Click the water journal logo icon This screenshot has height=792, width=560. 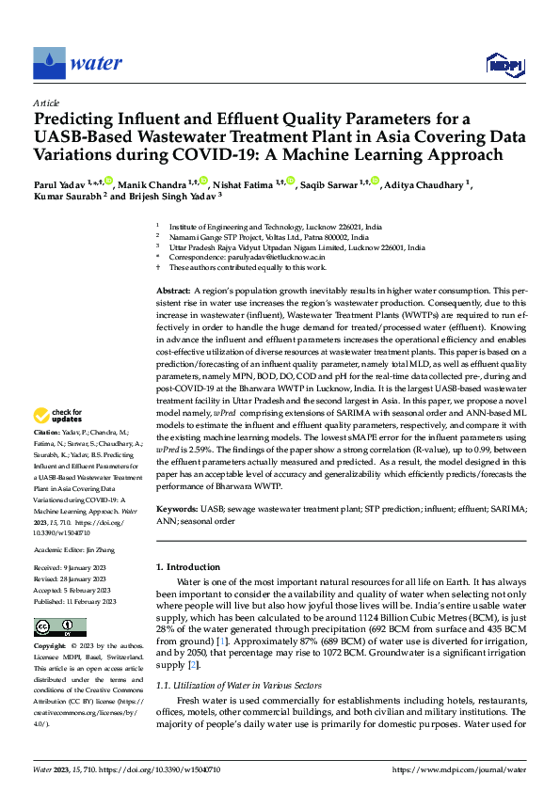pyautogui.click(x=49, y=63)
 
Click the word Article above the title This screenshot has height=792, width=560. pyautogui.click(x=46, y=103)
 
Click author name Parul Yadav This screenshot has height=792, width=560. pyautogui.click(x=60, y=183)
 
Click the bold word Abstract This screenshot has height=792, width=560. pyautogui.click(x=172, y=293)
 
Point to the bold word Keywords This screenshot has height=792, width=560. pyautogui.click(x=177, y=509)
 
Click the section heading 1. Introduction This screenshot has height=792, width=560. pyautogui.click(x=187, y=567)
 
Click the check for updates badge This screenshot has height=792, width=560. pyautogui.click(x=59, y=441)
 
